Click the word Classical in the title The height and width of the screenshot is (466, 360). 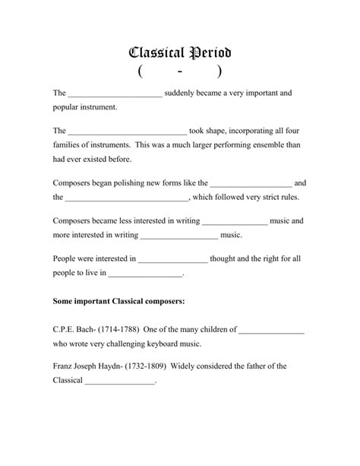pos(155,53)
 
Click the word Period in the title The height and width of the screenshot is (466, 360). pos(205,53)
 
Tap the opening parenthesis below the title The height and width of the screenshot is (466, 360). pos(142,72)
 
